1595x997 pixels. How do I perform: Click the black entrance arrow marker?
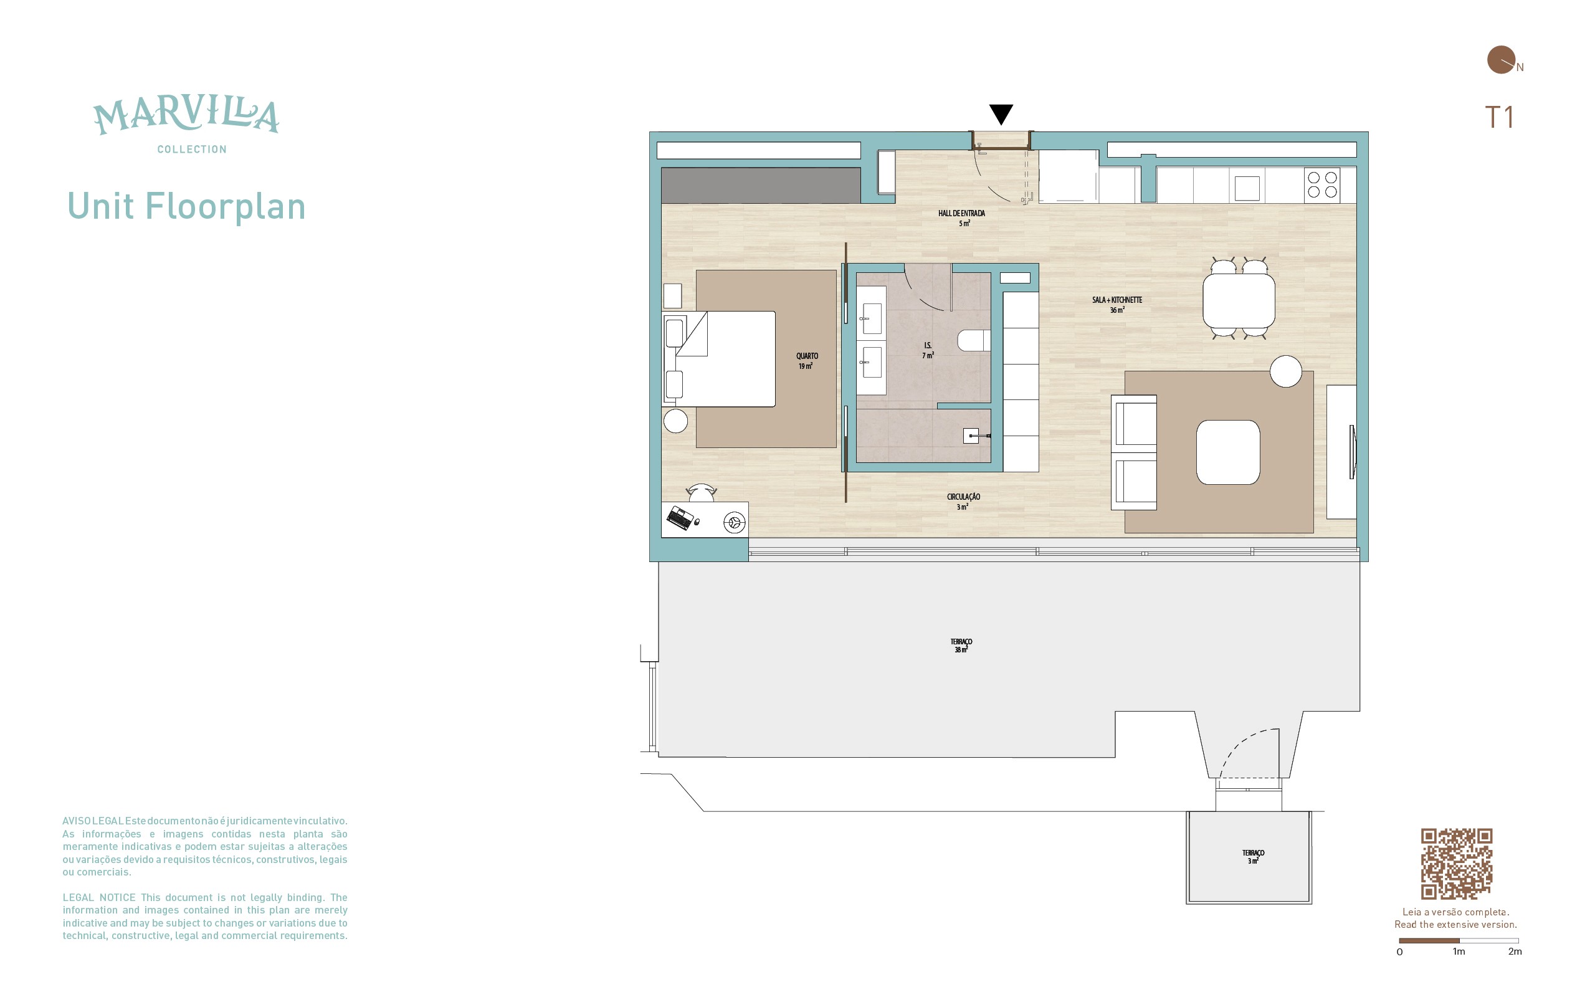(x=1001, y=113)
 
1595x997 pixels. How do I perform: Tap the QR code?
(x=1456, y=864)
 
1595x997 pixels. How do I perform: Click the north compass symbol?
(x=1502, y=60)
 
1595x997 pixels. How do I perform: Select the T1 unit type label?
(x=1499, y=117)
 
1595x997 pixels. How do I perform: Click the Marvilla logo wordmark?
(x=186, y=117)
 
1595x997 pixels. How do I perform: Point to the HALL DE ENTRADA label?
(x=961, y=213)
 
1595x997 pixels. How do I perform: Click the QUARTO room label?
(x=807, y=356)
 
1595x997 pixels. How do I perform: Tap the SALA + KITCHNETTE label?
(x=1116, y=300)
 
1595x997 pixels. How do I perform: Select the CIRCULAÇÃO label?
(x=963, y=497)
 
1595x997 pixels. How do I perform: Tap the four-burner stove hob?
(x=1322, y=184)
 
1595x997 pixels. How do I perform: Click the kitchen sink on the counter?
(x=1247, y=188)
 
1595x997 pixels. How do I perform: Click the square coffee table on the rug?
(x=1228, y=452)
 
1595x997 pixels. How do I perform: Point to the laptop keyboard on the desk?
(x=680, y=518)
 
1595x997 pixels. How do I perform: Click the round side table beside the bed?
(x=675, y=421)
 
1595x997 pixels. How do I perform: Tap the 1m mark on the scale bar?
(x=1459, y=952)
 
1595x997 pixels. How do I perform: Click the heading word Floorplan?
(x=226, y=207)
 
